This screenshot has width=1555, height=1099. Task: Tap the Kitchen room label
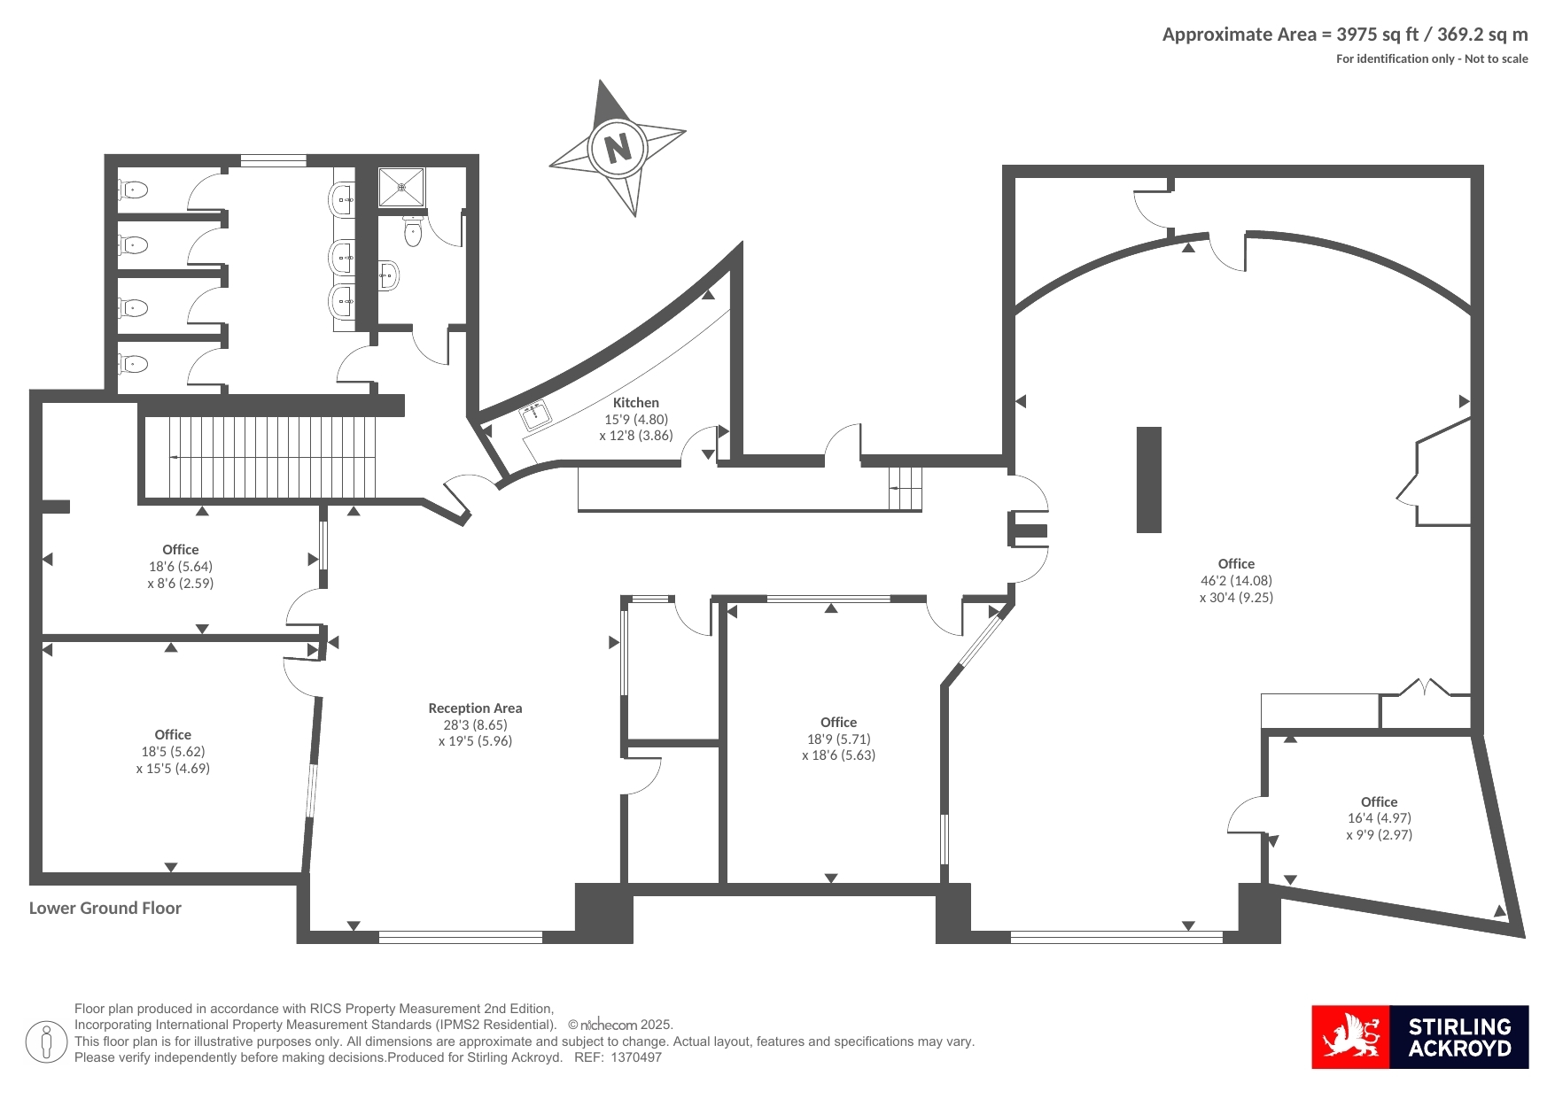pyautogui.click(x=636, y=403)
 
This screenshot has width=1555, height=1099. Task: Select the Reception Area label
pyautogui.click(x=475, y=708)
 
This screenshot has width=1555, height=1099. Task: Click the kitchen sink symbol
pyautogui.click(x=536, y=414)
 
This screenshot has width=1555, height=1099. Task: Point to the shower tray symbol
pyautogui.click(x=401, y=187)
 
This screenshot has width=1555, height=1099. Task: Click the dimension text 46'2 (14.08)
pyautogui.click(x=1236, y=581)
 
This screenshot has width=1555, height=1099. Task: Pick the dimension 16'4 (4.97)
pyautogui.click(x=1379, y=818)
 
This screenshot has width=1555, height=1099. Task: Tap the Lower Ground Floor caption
pyautogui.click(x=105, y=908)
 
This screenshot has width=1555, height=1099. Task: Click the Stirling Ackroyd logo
pyautogui.click(x=1419, y=1037)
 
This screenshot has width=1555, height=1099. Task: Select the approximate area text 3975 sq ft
pyautogui.click(x=1377, y=35)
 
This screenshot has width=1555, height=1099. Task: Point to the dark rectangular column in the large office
pyautogui.click(x=1149, y=480)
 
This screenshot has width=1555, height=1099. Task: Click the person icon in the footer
pyautogui.click(x=46, y=1042)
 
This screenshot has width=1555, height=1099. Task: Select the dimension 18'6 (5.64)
pyautogui.click(x=181, y=567)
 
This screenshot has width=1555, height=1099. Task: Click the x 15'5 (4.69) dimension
pyautogui.click(x=173, y=769)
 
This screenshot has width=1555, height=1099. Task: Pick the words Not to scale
pyautogui.click(x=1497, y=59)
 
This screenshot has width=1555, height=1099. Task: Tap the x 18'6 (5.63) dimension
pyautogui.click(x=838, y=755)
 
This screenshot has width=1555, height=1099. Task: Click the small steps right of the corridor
pyautogui.click(x=906, y=488)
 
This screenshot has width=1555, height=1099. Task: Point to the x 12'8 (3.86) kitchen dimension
pyautogui.click(x=636, y=436)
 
